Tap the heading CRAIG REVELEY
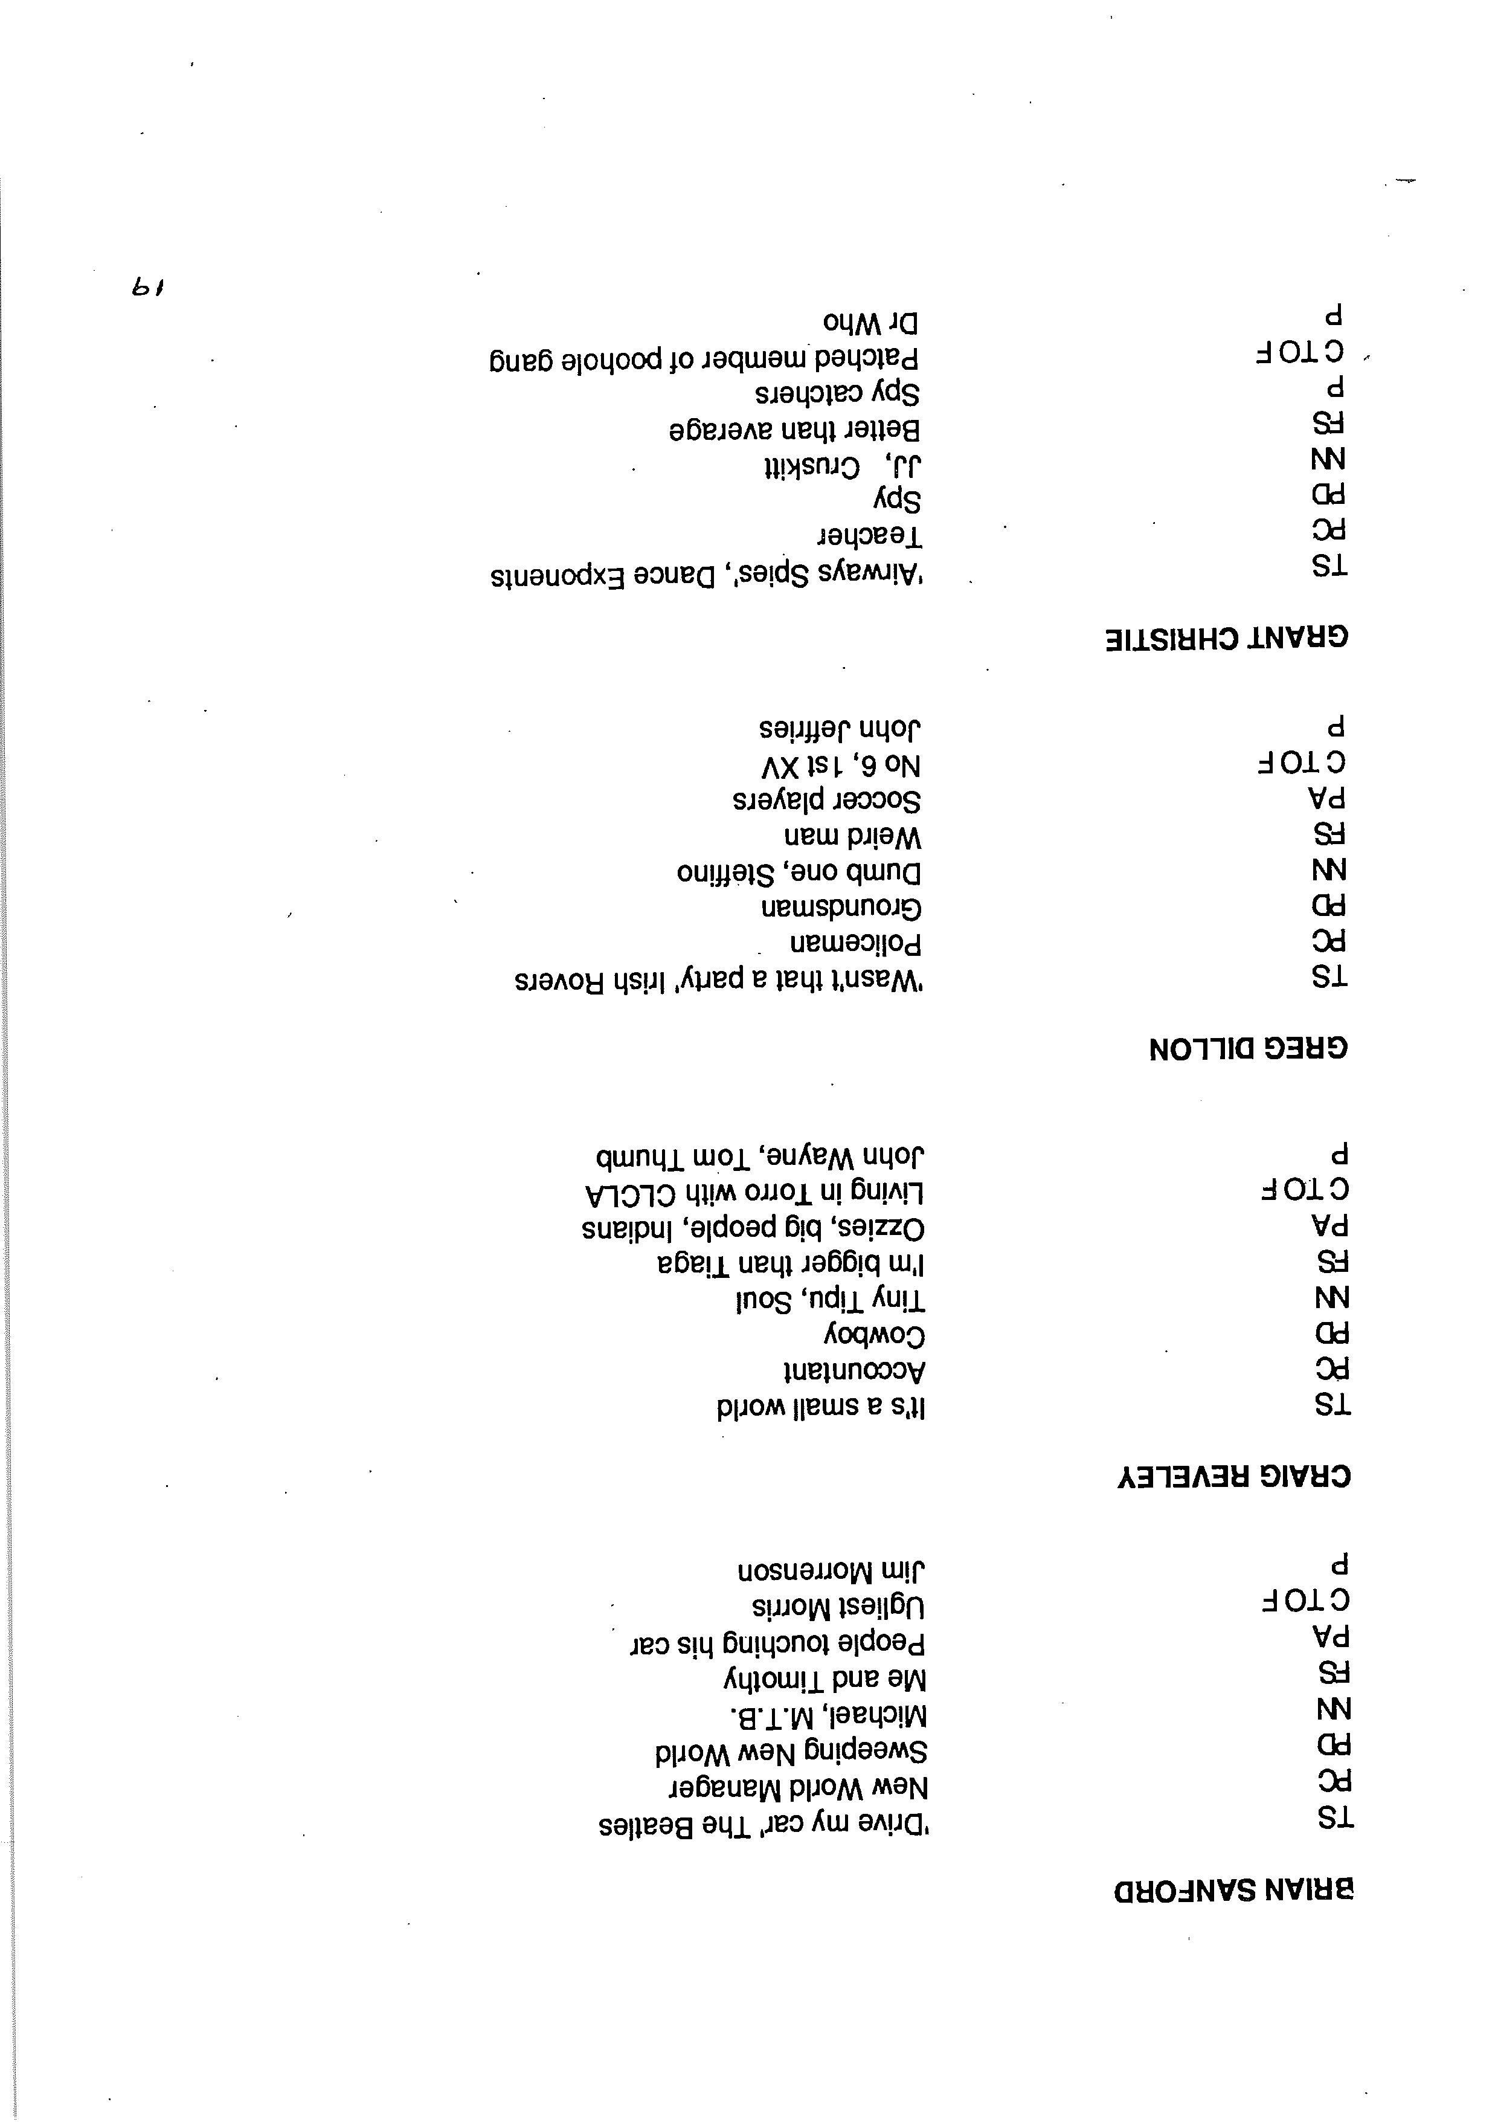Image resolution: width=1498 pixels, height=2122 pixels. tap(1233, 1477)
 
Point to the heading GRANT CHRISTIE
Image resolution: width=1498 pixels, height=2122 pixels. tap(1227, 637)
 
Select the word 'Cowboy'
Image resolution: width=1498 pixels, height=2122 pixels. tap(874, 1335)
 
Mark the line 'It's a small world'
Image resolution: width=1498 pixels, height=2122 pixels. tap(821, 1407)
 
